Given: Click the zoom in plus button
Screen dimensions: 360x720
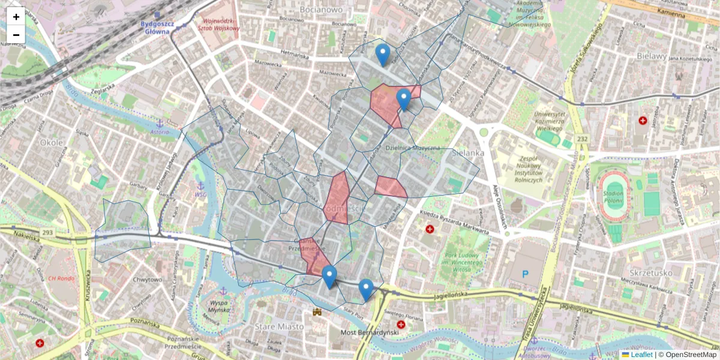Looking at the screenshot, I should tap(16, 16).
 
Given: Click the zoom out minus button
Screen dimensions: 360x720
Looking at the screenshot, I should tap(16, 34).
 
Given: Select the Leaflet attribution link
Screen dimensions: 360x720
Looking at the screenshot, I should tap(641, 355).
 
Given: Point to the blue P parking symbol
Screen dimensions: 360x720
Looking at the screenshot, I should tap(526, 274).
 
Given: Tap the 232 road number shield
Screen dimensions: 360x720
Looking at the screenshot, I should tap(582, 139).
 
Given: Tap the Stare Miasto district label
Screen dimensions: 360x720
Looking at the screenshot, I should tap(280, 326).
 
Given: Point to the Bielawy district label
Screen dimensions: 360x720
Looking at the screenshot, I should tap(652, 56).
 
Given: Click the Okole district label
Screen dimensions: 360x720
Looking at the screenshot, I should tap(52, 143).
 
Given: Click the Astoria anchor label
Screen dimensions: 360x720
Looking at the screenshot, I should tap(160, 131).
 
